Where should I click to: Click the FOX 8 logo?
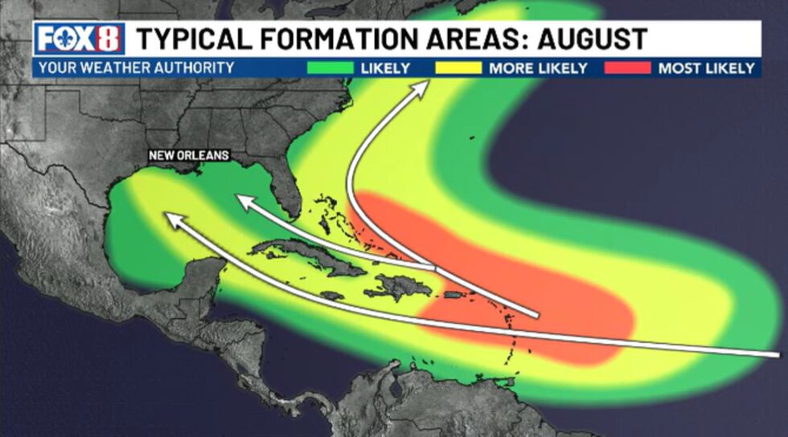[79, 39]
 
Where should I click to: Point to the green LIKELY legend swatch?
[330, 68]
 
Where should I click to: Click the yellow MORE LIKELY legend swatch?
[458, 68]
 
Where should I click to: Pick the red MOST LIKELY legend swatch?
[627, 68]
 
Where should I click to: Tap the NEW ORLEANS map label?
[189, 155]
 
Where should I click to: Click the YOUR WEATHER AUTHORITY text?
[137, 68]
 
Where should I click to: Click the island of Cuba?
[306, 255]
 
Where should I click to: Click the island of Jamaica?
[332, 296]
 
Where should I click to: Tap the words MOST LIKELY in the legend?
[706, 68]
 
